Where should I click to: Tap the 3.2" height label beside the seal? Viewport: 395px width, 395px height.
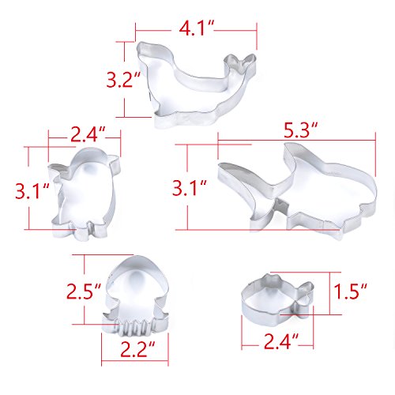122,79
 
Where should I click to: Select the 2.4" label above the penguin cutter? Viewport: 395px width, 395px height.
88,134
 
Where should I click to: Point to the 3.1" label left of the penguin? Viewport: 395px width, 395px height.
32,191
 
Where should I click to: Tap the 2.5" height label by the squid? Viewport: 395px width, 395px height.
84,291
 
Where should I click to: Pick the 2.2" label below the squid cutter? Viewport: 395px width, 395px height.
137,349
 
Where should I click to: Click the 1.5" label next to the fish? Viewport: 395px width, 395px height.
351,291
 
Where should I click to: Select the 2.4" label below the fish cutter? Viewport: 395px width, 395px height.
281,341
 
